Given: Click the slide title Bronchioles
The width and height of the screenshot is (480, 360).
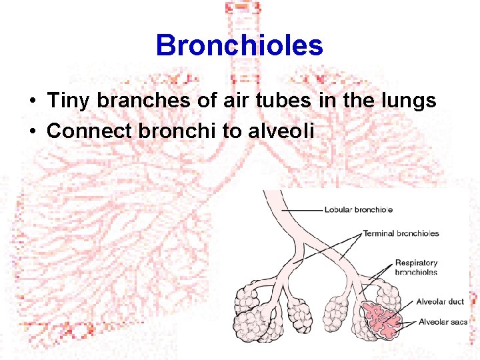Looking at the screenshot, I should [x=239, y=46].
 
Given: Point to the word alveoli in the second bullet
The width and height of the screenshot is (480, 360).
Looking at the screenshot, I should [x=280, y=131].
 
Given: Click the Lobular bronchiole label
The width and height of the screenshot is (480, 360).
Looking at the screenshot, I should [x=358, y=209].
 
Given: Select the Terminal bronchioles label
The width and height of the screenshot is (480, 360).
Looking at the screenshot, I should [x=401, y=233].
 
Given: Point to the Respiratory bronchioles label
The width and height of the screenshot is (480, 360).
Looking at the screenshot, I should [x=416, y=267].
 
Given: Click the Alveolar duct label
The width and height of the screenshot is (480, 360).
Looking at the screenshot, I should [x=440, y=301].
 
